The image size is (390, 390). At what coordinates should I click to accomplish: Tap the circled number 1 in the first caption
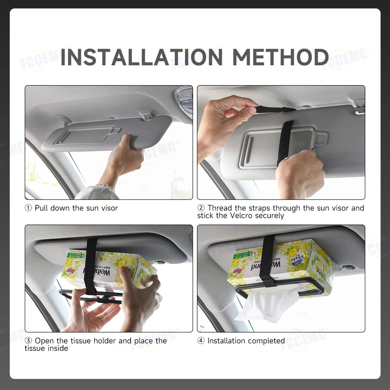point(29,208)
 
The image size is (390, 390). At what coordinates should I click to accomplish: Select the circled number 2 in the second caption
point(201,208)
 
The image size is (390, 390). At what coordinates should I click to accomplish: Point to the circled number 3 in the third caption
point(29,341)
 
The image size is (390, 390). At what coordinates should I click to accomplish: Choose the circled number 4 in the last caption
point(201,341)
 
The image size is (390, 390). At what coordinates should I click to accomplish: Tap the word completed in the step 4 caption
point(266,341)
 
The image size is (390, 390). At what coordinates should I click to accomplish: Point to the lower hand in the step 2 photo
point(299,172)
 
